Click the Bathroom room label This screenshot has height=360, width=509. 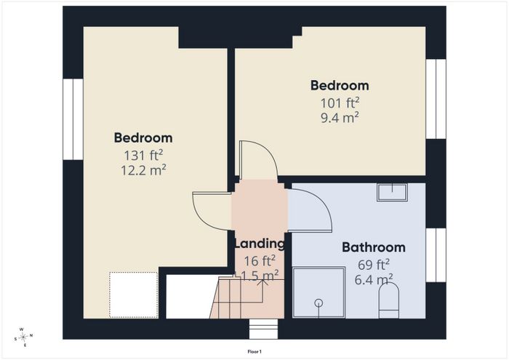coord(374,247)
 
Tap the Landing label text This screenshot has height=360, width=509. coord(260,243)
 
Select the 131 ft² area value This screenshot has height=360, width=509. coord(143,155)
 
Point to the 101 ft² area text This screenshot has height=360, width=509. coord(340,103)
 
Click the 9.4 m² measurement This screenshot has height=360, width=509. coord(340,118)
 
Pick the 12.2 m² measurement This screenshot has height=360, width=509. coord(143,169)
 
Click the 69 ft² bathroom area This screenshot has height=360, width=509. coord(374,265)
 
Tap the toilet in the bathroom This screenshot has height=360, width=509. coord(389,300)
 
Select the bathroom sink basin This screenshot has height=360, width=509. coord(392,193)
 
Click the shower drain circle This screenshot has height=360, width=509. coord(318,303)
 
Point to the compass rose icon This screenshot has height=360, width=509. coord(23,337)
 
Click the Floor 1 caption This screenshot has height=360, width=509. coord(254,351)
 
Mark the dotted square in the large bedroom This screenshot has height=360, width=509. coord(134,295)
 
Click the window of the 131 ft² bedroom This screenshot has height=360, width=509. coord(73,119)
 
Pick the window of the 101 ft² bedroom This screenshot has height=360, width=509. coord(436,99)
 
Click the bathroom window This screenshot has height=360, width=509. coord(436,255)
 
